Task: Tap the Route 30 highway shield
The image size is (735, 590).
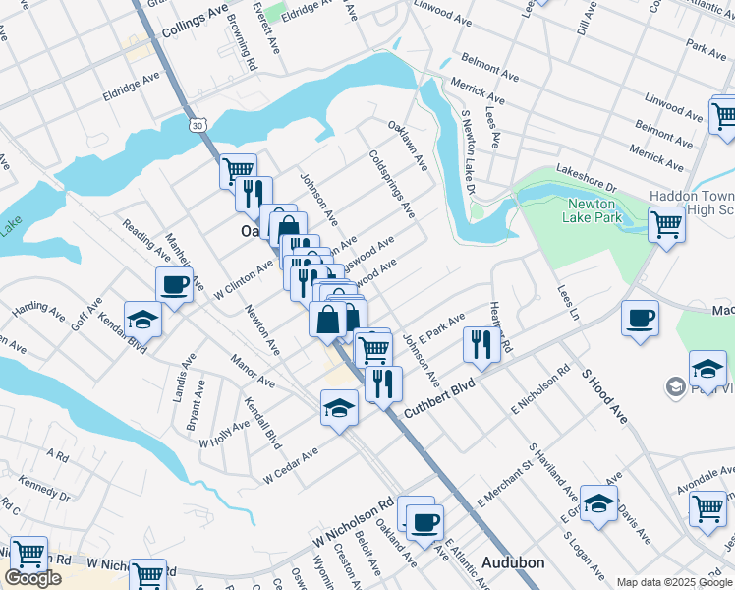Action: [x=198, y=126]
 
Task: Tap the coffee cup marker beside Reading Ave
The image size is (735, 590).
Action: [x=174, y=285]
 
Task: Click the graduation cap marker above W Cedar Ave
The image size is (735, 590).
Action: [x=339, y=406]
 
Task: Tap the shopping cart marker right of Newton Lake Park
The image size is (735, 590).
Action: [x=666, y=223]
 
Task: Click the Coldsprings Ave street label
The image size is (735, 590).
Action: [x=392, y=184]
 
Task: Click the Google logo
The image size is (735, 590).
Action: [x=32, y=578]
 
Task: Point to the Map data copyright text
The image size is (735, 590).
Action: [x=674, y=582]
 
